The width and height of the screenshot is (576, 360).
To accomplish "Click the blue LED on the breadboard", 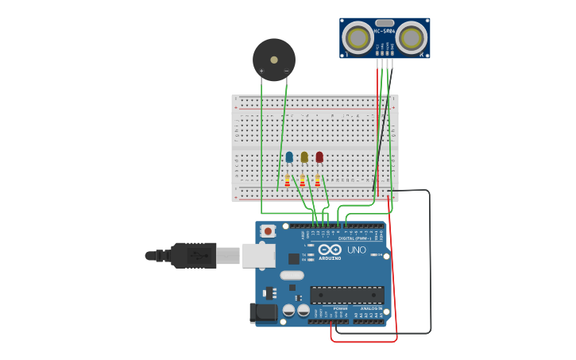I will pyautogui.click(x=289, y=157).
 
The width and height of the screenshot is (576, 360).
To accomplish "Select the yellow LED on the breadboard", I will pyautogui.click(x=304, y=157).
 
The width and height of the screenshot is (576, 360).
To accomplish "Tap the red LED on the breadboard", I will pyautogui.click(x=319, y=157).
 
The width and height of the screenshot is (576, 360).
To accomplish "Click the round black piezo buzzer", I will pyautogui.click(x=274, y=59).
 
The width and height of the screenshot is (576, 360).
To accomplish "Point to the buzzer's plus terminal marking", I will pyautogui.click(x=261, y=72).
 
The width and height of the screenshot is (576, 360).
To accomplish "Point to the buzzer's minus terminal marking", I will pyautogui.click(x=286, y=72).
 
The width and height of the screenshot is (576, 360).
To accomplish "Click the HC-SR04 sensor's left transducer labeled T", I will pyautogui.click(x=358, y=38).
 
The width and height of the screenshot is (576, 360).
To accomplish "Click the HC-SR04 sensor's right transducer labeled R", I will pyautogui.click(x=412, y=38).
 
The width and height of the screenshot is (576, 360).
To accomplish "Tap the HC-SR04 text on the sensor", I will pyautogui.click(x=385, y=31).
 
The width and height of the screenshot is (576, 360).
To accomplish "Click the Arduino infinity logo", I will pyautogui.click(x=330, y=250).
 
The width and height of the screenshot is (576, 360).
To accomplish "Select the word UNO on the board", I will pyautogui.click(x=357, y=250).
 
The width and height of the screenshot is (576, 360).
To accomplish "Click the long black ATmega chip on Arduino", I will pyautogui.click(x=346, y=295).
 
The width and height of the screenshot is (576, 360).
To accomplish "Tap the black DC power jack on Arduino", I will pyautogui.click(x=263, y=313).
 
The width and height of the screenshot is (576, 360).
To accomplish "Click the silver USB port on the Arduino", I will pyautogui.click(x=259, y=255).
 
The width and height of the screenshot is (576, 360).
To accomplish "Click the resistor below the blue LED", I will pyautogui.click(x=288, y=180).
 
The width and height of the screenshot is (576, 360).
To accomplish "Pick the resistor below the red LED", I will pyautogui.click(x=318, y=180).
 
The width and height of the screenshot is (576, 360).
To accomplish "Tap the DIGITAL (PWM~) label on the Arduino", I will pyautogui.click(x=354, y=238).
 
